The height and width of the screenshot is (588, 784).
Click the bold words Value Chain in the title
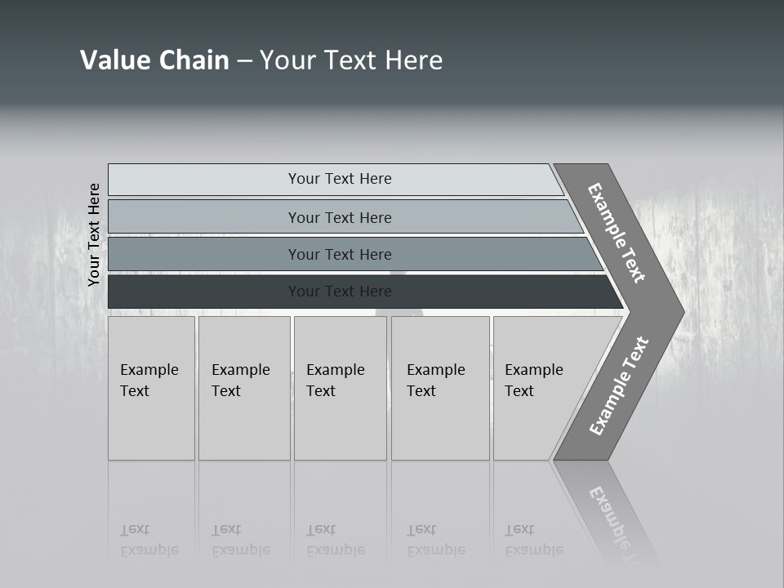pos(154,60)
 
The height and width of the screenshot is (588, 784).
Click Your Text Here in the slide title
pos(351,60)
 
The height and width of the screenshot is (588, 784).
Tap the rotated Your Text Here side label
pos(94,234)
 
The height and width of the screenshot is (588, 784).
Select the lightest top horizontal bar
pos(204,180)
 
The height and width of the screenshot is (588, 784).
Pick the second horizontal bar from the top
pos(204,217)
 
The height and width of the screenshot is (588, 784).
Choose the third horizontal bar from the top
pos(204,254)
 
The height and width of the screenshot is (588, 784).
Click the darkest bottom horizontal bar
pos(204,292)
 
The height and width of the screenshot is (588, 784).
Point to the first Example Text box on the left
pos(151,388)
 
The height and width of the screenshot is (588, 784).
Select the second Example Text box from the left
pos(243,388)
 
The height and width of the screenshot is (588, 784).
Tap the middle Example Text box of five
pos(340,388)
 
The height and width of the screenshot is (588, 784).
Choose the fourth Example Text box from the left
pos(439,388)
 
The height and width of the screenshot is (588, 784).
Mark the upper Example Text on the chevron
pos(617,233)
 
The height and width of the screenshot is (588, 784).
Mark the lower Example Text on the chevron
pos(619,385)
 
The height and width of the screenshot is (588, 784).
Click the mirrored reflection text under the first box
pos(149,540)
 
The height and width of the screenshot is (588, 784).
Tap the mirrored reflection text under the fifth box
pos(534,540)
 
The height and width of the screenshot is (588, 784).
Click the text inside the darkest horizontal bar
pos(340,292)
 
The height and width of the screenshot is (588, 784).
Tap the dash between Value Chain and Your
pos(244,61)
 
